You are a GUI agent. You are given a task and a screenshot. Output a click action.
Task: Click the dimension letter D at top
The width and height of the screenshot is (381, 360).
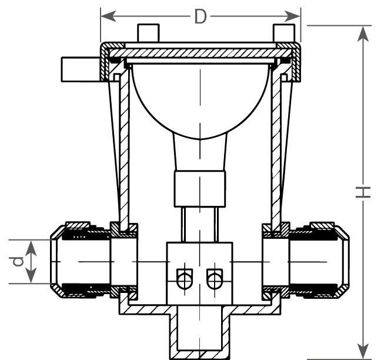[x=200, y=17]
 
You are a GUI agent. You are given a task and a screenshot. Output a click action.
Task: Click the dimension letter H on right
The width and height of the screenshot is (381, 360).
[x=363, y=192]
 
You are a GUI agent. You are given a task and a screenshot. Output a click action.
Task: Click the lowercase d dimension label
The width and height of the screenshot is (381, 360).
[x=18, y=262]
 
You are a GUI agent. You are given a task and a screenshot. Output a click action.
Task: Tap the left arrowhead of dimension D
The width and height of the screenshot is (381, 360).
[x=108, y=16]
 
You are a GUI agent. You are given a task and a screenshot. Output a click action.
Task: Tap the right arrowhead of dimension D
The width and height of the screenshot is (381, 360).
[x=293, y=16]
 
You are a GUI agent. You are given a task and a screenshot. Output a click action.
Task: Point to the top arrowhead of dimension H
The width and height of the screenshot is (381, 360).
[x=363, y=34]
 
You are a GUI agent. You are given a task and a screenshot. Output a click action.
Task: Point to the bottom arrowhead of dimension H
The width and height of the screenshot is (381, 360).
[x=363, y=351]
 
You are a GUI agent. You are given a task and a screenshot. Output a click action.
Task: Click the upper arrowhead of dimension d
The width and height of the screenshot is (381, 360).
[x=31, y=248]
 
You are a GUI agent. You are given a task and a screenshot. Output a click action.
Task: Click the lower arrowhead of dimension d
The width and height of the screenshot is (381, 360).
[x=31, y=275]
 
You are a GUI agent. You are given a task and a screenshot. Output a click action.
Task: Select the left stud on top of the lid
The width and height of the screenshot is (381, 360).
[x=148, y=33]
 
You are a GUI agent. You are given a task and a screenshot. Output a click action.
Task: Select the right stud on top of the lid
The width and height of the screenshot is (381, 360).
[x=284, y=33]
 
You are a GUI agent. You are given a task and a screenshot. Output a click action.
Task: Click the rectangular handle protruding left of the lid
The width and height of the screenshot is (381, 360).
[x=81, y=69]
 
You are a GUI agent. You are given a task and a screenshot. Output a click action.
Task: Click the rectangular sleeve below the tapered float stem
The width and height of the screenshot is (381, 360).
[x=200, y=189]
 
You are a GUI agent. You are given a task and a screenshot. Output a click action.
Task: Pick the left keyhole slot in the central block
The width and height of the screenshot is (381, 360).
[x=185, y=279]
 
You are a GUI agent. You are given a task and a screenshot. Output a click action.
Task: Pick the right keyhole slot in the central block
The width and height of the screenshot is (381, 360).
[x=215, y=279]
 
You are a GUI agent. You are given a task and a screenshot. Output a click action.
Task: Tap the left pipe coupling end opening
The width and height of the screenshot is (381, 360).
[x=54, y=262]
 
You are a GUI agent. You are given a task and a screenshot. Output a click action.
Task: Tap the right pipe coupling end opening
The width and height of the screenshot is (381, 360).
[x=346, y=262]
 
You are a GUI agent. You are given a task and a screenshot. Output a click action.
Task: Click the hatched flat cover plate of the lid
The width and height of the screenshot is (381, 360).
[x=200, y=53]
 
